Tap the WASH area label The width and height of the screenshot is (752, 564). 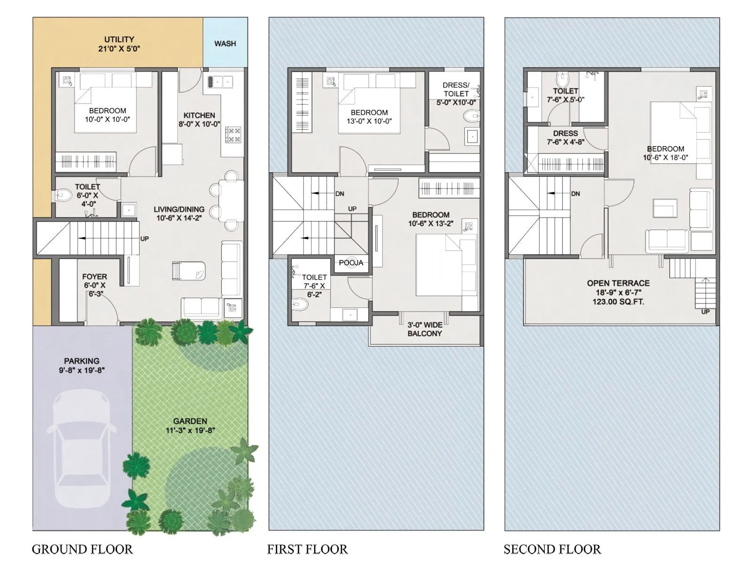coord(225,43)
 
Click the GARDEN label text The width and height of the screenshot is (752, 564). coord(190,421)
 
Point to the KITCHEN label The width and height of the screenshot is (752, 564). coord(199,115)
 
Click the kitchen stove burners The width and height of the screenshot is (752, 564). coord(233,135)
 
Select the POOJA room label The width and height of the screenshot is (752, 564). coord(351,263)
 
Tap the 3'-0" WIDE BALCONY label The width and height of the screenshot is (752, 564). coord(425,329)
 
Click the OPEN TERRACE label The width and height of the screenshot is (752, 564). coord(618,283)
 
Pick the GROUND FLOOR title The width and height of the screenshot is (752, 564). coord(82,549)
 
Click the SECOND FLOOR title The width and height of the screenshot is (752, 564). coord(552,549)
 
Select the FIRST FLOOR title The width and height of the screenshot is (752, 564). coord(307,549)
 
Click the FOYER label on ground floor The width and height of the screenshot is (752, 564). coord(94,277)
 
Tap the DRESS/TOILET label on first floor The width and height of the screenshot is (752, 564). coord(456,89)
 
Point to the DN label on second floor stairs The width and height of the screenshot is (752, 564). coord(575,194)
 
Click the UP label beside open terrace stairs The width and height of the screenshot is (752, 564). coord(705,312)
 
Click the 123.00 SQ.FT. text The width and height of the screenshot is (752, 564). coord(618,302)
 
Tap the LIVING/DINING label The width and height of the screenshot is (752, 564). coord(179,209)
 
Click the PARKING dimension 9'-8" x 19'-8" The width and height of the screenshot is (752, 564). coord(82,370)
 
